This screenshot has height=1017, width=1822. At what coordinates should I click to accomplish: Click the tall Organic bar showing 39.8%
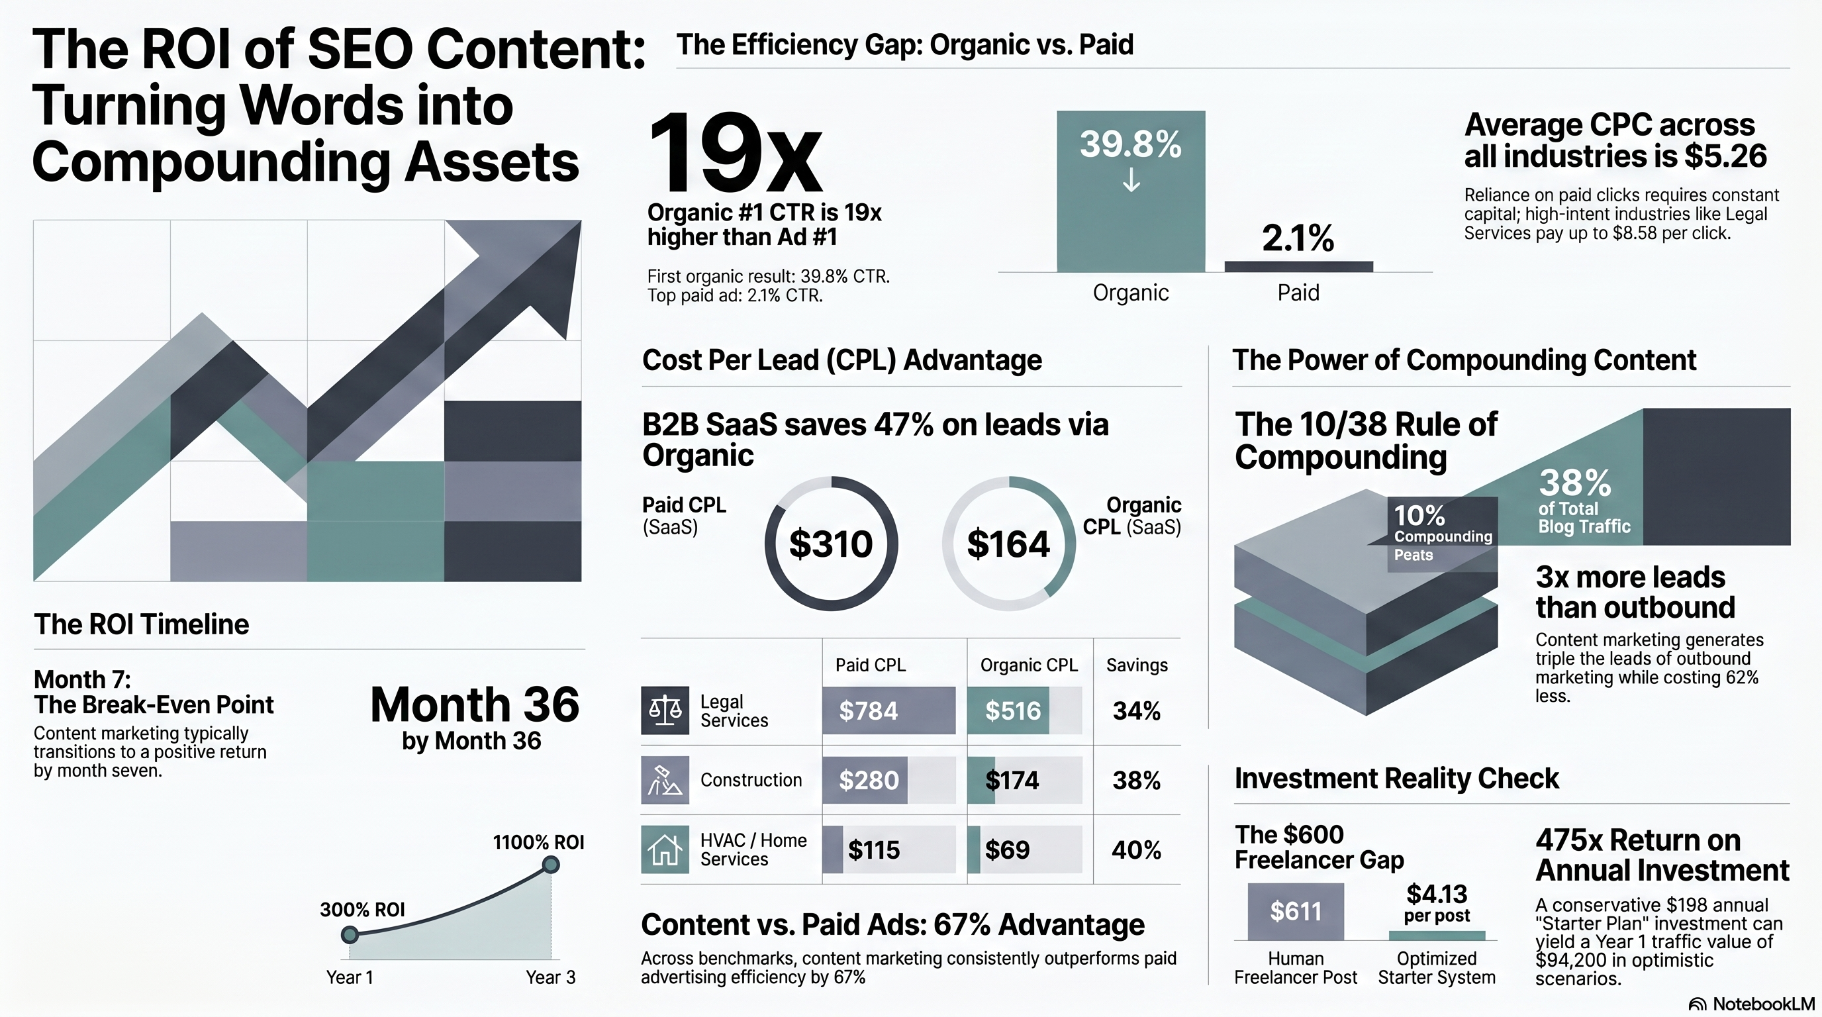pos(1130,191)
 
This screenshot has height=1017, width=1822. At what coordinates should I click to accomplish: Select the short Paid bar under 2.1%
pos(1298,267)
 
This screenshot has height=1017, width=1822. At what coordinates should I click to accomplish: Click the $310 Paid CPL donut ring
pos(831,544)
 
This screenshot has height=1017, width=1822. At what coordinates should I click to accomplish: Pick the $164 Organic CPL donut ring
pos(1008,544)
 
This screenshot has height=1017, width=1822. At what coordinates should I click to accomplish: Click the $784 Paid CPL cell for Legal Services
pos(888,710)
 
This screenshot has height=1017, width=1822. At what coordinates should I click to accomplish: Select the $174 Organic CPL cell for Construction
pos(1024,780)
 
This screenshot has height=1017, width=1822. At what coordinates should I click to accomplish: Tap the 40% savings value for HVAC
pos(1136,849)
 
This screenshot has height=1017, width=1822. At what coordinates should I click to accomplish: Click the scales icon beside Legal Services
pos(664,710)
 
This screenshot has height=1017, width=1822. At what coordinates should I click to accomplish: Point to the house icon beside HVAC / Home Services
pos(664,849)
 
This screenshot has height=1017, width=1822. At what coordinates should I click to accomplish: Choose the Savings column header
pos(1137,665)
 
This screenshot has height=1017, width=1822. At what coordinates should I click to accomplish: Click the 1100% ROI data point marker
pos(551,864)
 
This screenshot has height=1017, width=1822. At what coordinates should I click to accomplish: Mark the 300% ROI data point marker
pos(350,935)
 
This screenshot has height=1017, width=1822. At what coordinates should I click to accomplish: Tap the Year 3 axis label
pos(550,977)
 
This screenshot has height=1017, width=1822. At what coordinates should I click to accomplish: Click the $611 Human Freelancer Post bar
pos(1295,912)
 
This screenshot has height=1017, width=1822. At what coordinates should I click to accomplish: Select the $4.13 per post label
pos(1437,902)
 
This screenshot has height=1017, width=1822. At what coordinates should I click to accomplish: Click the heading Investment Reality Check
pos(1396,778)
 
